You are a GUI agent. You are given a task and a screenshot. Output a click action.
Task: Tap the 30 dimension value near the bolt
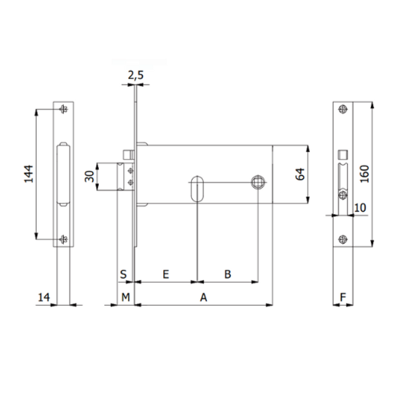point(88,178)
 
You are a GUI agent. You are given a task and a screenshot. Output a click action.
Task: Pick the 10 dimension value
point(360,208)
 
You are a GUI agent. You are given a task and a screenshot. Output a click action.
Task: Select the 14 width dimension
point(44,298)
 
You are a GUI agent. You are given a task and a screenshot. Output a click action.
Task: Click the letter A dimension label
point(204,298)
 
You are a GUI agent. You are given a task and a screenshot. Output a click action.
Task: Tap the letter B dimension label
point(227,273)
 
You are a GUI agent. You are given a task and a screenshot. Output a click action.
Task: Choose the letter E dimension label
point(166,273)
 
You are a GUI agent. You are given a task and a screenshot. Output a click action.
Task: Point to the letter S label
point(123,273)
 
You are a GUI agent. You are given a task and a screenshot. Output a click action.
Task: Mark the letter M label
point(125,298)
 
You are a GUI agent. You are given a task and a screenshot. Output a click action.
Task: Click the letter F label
point(342,298)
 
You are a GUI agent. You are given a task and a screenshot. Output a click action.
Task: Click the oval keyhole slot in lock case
point(197,188)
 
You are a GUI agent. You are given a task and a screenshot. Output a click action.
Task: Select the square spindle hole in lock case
point(257,182)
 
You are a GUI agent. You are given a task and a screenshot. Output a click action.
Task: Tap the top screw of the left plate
point(63,109)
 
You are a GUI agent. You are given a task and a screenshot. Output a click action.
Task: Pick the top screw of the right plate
point(342,109)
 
